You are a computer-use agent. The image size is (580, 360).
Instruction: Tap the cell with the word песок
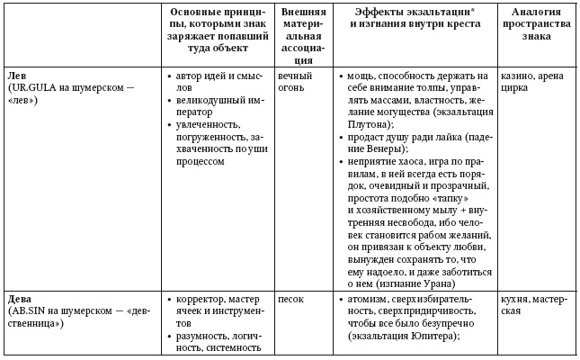point(291,298)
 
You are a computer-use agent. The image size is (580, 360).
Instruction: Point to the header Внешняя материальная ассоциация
point(303,35)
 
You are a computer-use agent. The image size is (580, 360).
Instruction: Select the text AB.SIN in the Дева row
point(27,310)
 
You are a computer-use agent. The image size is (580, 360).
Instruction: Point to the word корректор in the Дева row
point(201,298)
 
